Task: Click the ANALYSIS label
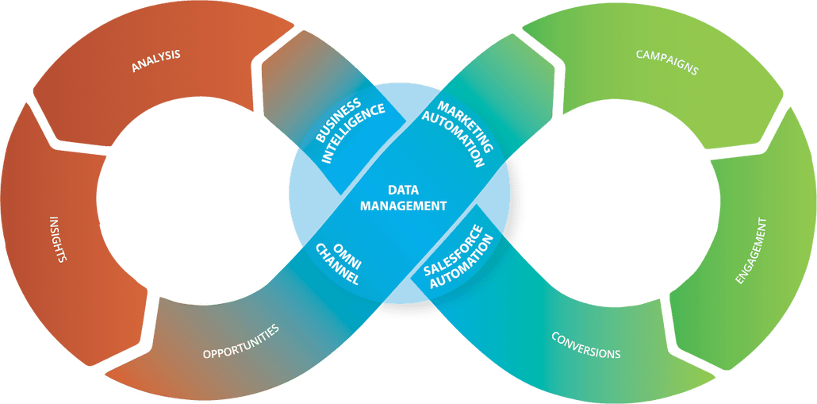155,60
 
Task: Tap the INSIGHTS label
57,238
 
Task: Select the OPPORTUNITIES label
240,342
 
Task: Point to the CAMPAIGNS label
667,62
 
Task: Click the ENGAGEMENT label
751,251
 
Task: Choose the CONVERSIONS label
586,344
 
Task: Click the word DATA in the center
403,190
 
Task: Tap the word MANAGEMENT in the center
403,206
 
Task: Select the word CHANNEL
338,264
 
